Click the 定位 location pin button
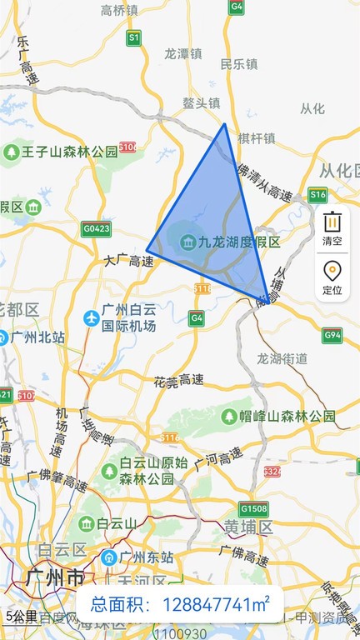pyautogui.click(x=332, y=277)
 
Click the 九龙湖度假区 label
pyautogui.click(x=238, y=242)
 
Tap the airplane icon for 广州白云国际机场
pyautogui.click(x=92, y=317)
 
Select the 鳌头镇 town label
pyautogui.click(x=202, y=103)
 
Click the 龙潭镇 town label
pyautogui.click(x=183, y=52)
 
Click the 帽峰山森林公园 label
pyautogui.click(x=288, y=416)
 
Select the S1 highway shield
pyautogui.click(x=133, y=37)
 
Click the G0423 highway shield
pyautogui.click(x=97, y=227)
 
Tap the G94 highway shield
pyautogui.click(x=332, y=336)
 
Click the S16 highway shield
pyautogui.click(x=317, y=195)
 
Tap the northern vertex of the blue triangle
pyautogui.click(x=224, y=124)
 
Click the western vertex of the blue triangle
pyautogui.click(x=147, y=249)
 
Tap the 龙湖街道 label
pyautogui.click(x=282, y=359)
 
